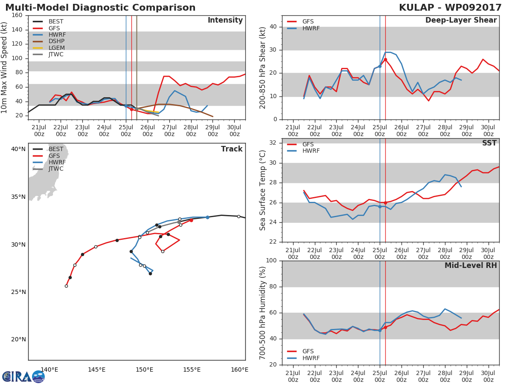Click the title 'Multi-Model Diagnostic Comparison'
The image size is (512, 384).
[100, 8]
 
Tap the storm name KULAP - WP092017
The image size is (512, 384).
[451, 8]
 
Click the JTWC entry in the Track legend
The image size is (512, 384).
[56, 169]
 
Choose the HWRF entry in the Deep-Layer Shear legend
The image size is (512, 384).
[311, 28]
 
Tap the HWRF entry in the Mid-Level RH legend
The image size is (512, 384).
[311, 358]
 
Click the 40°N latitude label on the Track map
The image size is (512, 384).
[18, 149]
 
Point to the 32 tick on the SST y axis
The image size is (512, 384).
[273, 143]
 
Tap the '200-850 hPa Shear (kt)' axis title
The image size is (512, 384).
[263, 67]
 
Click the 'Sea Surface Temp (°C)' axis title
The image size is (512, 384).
[263, 190]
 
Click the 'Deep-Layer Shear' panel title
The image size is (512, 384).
[461, 20]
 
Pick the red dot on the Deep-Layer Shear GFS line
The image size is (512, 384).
[385, 59]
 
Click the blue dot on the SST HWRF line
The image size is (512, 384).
[380, 207]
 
